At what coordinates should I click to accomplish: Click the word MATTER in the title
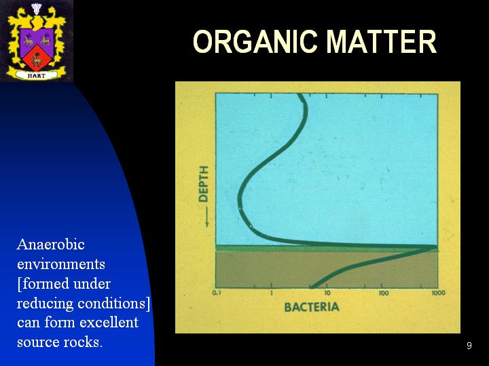381,42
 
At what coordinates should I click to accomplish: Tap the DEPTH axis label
203,184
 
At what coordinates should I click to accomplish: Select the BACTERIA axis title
312,307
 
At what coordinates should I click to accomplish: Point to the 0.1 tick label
217,293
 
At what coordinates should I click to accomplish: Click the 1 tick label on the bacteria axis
271,293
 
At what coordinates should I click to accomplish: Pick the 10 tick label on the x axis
327,293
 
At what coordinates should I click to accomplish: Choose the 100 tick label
383,293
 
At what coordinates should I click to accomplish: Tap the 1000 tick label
439,293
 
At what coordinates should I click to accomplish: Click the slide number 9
469,346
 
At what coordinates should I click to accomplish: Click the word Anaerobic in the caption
51,244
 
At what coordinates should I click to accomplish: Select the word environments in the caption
61,264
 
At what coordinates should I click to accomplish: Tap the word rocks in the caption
81,342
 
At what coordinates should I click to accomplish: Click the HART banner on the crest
37,75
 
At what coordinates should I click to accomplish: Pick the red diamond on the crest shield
37,57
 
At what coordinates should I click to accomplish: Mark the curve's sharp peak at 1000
436,248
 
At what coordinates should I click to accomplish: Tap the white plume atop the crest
37,8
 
